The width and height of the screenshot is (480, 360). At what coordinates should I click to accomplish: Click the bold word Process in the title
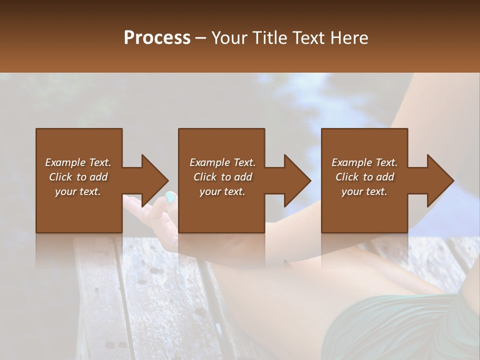157,38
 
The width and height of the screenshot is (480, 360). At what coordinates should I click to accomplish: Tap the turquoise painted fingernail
170,197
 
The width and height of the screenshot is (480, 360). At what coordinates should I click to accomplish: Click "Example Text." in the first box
78,162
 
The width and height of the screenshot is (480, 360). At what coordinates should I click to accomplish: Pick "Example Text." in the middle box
222,162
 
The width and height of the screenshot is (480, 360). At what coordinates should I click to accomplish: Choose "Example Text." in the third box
364,162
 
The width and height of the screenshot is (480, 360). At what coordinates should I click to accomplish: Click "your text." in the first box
78,191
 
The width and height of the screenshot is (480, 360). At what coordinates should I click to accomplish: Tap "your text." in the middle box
222,191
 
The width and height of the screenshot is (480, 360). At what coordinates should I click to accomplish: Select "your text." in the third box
364,191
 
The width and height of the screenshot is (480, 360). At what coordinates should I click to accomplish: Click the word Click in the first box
60,177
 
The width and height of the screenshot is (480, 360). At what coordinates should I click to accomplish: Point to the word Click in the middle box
204,177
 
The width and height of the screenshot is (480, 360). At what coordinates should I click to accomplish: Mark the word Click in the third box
346,177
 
